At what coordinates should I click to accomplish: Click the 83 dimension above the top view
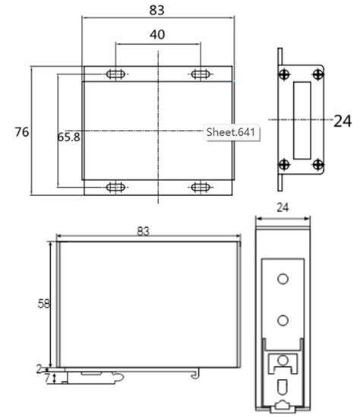pos(156,10)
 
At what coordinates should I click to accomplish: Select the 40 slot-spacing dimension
pos(157,35)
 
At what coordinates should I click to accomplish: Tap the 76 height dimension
pos(22,132)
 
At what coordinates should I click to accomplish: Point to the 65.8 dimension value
pos(68,137)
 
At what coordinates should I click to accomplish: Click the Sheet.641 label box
pos(232,132)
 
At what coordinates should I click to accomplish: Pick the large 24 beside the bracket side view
pos(343,120)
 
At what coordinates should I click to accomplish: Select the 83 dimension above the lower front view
pos(143,231)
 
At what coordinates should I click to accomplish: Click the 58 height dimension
pos(45,304)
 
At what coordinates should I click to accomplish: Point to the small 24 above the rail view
pos(283,207)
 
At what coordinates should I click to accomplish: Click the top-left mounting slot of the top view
pos(115,74)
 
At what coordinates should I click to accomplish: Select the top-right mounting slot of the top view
pos(201,74)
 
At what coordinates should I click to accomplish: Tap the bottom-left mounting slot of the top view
pos(115,187)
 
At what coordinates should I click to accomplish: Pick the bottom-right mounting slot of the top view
pos(201,187)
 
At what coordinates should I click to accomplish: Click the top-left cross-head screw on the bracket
pos(283,74)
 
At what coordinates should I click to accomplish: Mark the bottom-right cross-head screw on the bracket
pos(317,164)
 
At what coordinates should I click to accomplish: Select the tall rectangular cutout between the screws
pos(302,120)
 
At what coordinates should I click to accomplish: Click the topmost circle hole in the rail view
pos(283,280)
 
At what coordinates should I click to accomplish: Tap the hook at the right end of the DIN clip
pos(197,374)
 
